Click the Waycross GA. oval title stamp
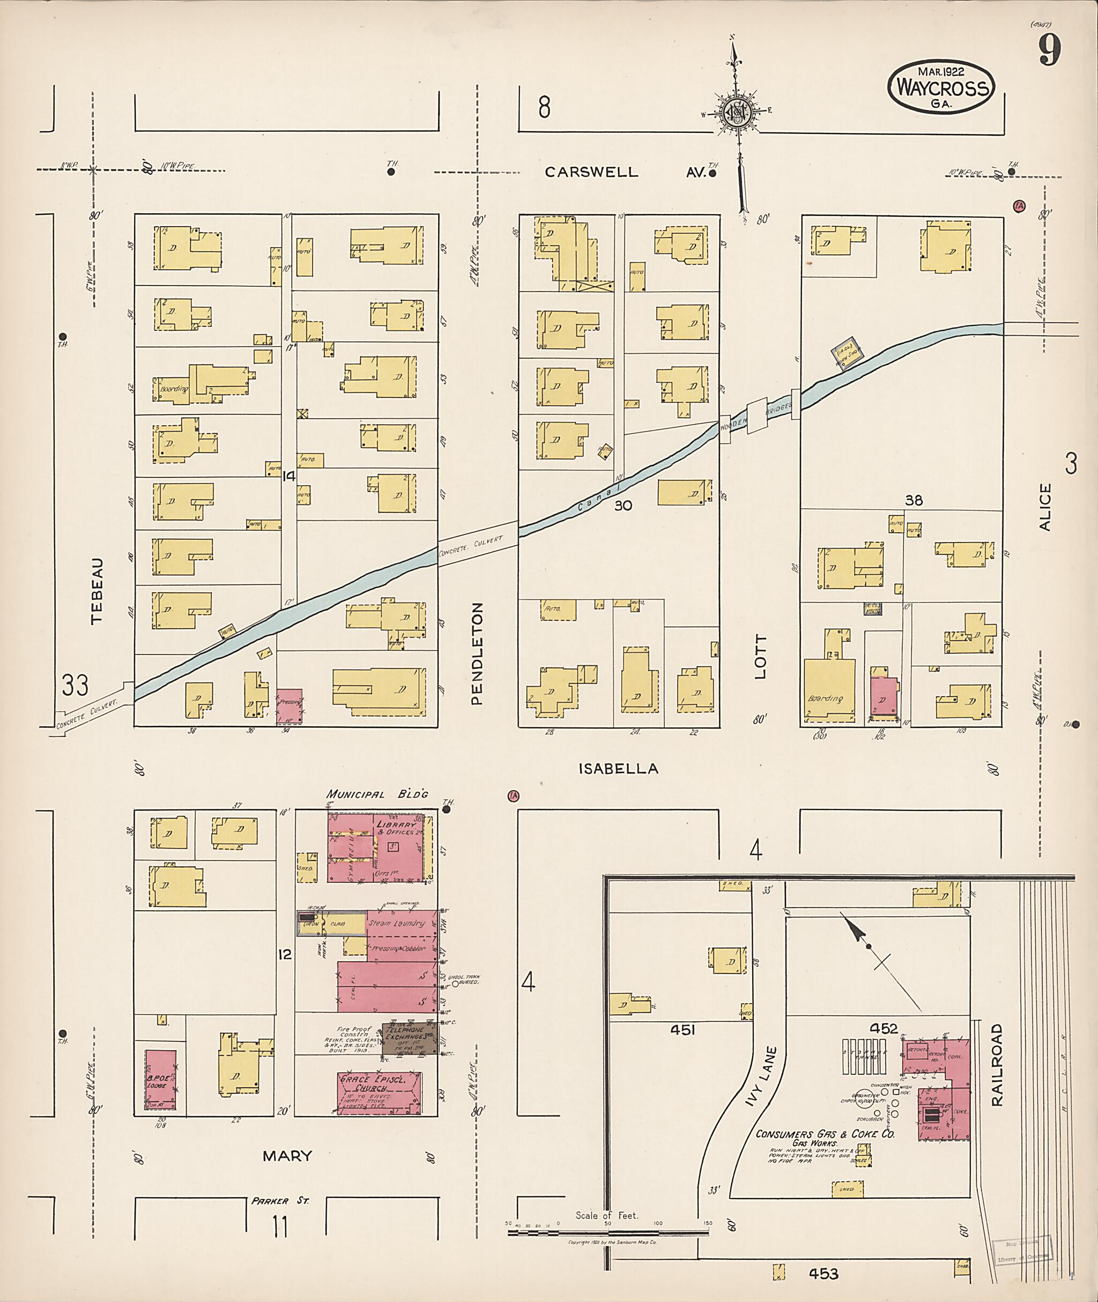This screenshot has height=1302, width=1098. tap(940, 89)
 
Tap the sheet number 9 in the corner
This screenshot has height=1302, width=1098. tap(1049, 50)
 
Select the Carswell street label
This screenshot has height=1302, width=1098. tap(591, 173)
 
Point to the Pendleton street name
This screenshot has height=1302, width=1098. tap(477, 653)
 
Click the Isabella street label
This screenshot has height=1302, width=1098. tap(618, 769)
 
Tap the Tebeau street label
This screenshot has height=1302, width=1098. tap(97, 590)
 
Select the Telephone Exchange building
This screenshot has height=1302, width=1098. tap(410, 1038)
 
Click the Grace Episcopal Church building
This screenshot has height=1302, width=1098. tap(379, 1093)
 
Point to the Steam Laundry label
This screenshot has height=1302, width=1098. tap(396, 924)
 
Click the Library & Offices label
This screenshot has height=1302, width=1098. tap(395, 828)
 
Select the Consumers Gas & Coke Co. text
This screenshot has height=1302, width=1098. tap(825, 1134)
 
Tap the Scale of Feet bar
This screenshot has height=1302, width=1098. tap(609, 1230)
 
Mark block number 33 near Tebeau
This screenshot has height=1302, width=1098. tap(75, 685)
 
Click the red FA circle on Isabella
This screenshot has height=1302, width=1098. tap(513, 795)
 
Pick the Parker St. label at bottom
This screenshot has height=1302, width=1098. tap(279, 1201)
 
